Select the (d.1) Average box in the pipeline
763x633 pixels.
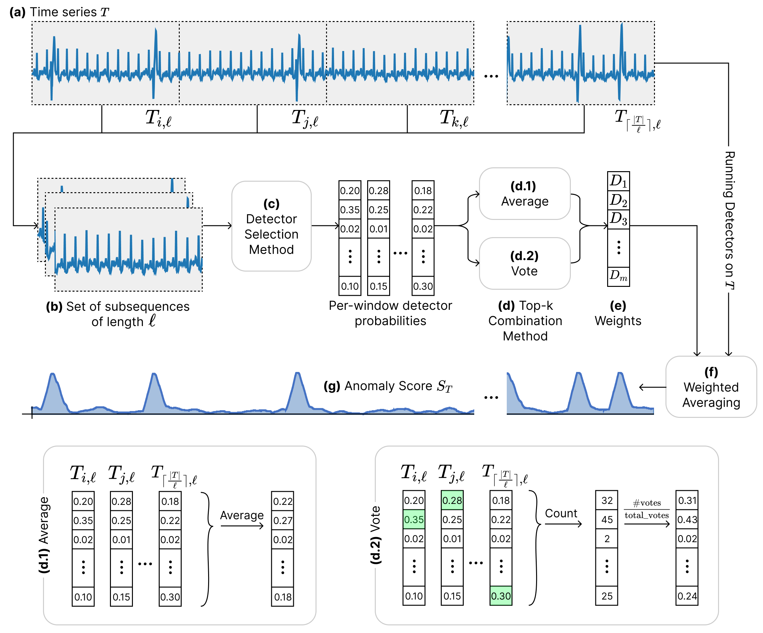(x=524, y=194)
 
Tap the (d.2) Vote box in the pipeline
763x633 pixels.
(x=524, y=264)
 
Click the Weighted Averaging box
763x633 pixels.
(x=711, y=387)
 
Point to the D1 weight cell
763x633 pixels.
(x=618, y=181)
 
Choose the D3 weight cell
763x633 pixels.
(x=618, y=219)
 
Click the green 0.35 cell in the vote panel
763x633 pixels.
(x=414, y=520)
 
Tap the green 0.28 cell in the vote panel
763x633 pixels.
(x=452, y=500)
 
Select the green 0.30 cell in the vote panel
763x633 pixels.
(x=501, y=596)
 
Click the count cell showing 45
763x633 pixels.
(x=607, y=520)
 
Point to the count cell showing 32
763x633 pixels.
(x=607, y=500)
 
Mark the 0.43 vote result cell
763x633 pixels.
(x=687, y=520)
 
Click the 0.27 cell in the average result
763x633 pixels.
(x=282, y=520)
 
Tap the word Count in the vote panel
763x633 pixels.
(x=561, y=513)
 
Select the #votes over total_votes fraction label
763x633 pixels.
(x=646, y=509)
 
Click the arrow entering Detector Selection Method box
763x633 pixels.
(x=217, y=226)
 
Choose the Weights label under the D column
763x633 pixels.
(x=618, y=321)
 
